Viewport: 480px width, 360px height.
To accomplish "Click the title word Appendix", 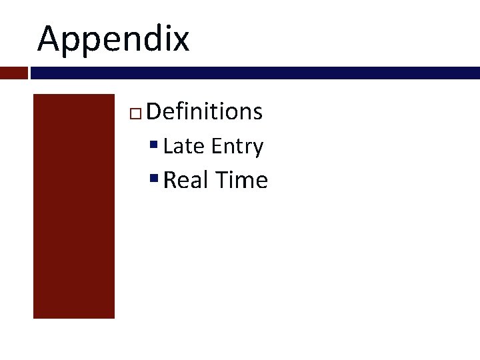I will (x=113, y=39).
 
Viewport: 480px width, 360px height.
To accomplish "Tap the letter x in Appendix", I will (x=180, y=39).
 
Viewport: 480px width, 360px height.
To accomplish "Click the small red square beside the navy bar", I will (x=13, y=73).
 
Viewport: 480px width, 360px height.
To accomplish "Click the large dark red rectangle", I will (x=74, y=205).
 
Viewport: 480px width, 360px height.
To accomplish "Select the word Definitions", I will (x=204, y=111).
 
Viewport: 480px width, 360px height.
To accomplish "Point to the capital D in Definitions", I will (x=153, y=111).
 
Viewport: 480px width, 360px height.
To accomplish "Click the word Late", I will (x=184, y=146).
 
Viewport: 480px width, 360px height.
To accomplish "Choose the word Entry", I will (x=237, y=147).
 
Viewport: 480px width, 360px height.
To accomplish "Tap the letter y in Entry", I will (x=257, y=149).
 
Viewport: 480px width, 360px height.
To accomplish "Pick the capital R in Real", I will (x=169, y=180).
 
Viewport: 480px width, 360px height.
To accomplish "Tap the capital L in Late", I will (x=167, y=146).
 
